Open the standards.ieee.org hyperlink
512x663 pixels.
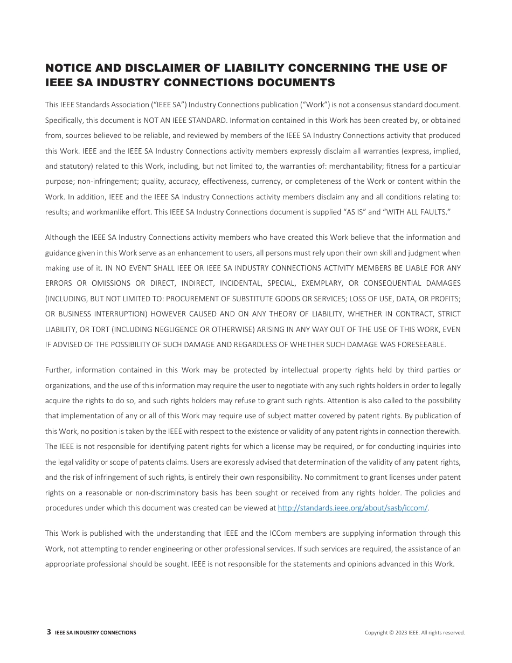352,508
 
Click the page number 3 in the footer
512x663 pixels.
49,632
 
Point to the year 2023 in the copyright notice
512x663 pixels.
402,633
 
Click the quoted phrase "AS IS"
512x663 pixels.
355,212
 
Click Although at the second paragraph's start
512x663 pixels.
61,237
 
